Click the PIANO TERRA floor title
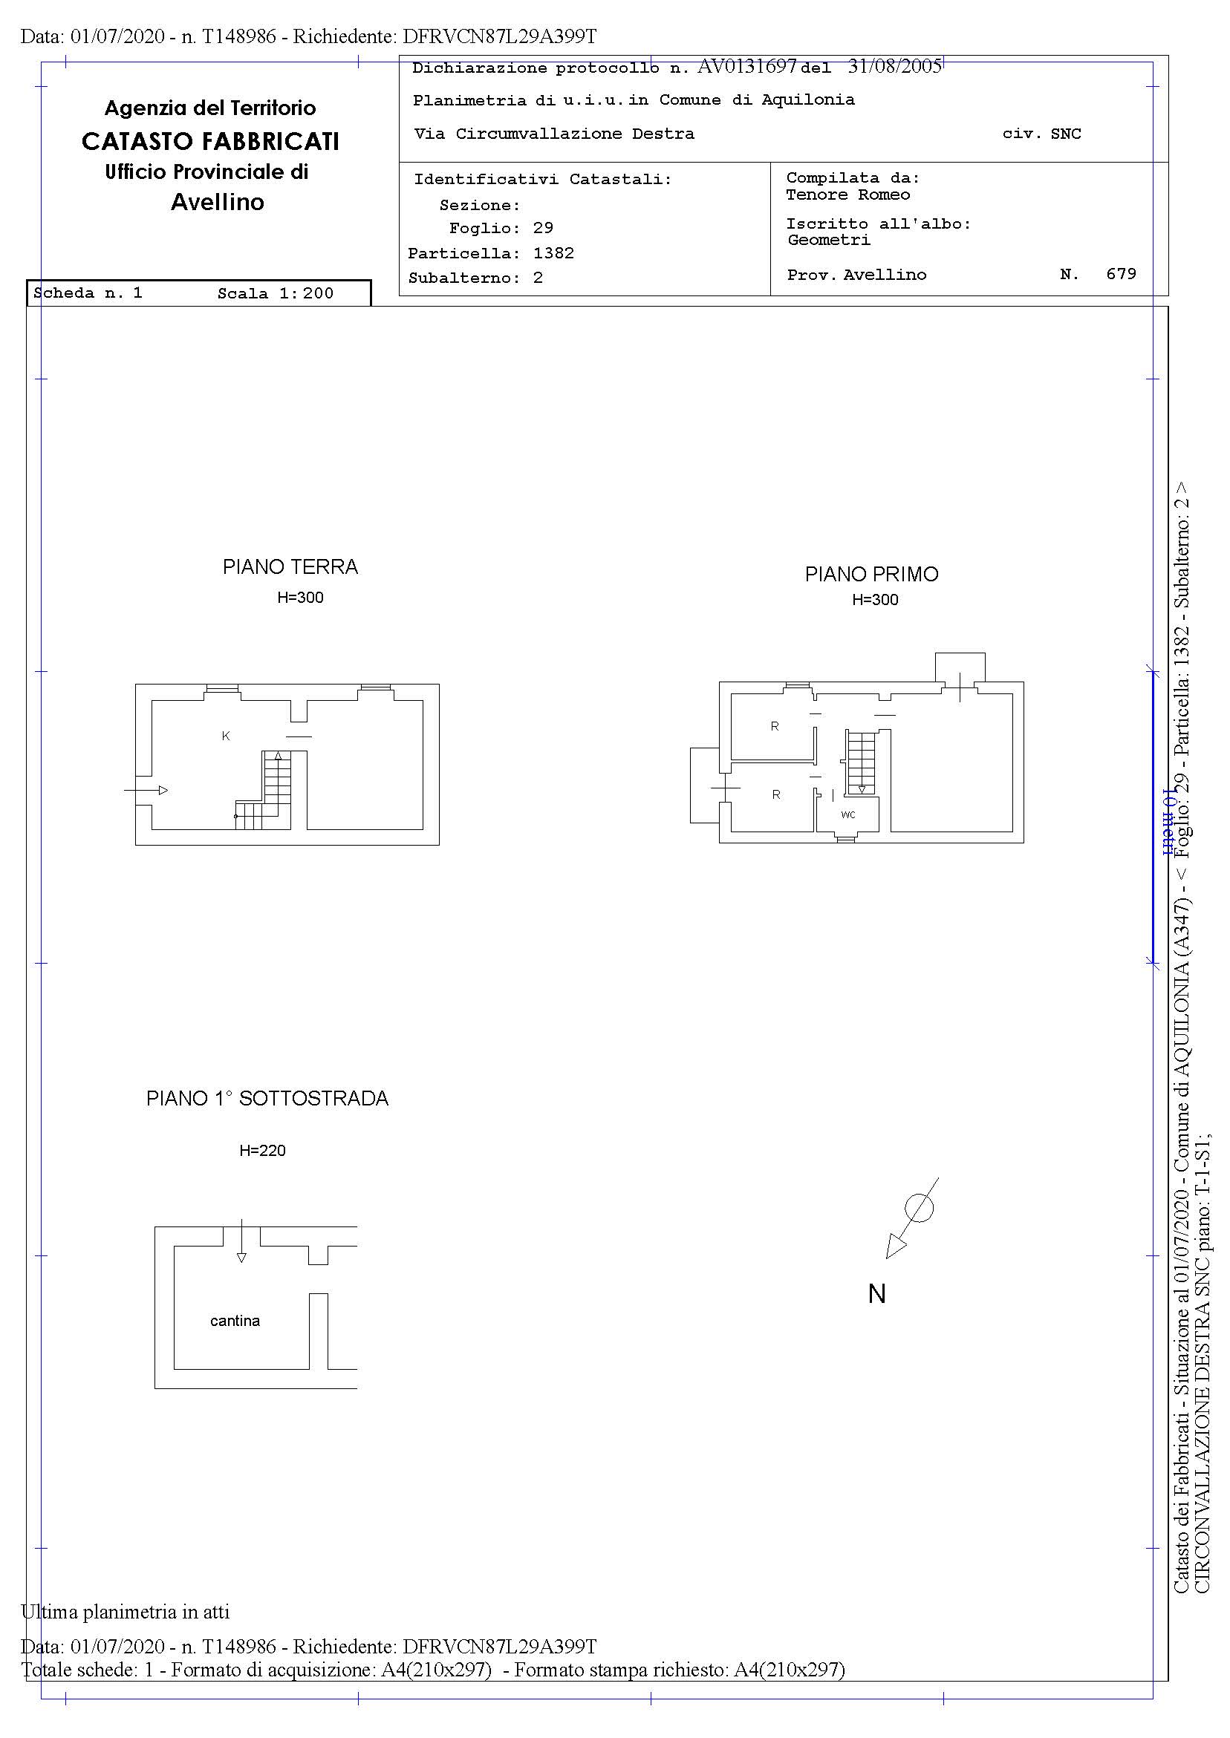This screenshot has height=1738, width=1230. [290, 567]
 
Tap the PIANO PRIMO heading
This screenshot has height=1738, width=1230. [872, 575]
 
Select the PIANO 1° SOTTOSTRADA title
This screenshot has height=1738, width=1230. [267, 1098]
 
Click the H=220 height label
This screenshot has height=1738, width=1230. [263, 1151]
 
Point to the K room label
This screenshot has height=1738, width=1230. [226, 736]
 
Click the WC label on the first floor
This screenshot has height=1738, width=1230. [848, 814]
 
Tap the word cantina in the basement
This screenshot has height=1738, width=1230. [235, 1321]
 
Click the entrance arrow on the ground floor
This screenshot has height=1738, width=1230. [146, 790]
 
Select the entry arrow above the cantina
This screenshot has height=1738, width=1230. [241, 1241]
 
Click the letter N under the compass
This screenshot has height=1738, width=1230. [877, 1295]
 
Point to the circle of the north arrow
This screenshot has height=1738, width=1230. [920, 1207]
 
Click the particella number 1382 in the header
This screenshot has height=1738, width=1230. [553, 253]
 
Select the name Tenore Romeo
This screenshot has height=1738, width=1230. [848, 195]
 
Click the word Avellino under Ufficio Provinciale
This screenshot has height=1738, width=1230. [218, 202]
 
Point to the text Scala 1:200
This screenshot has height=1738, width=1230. [276, 294]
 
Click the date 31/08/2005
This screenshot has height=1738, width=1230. [894, 67]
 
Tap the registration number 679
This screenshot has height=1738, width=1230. [1122, 274]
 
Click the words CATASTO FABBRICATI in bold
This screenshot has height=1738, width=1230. [210, 142]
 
